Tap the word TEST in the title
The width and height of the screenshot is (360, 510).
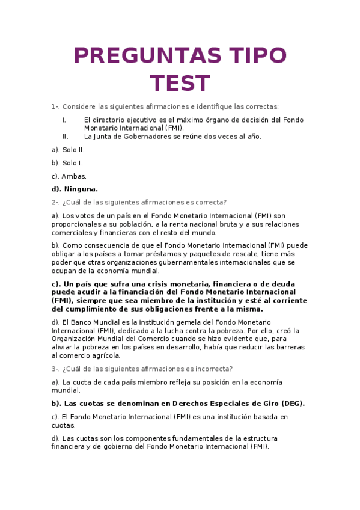coord(180,84)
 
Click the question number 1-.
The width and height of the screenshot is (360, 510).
coord(55,106)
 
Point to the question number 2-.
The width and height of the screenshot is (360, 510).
coord(55,202)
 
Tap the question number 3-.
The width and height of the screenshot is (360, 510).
coord(55,369)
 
